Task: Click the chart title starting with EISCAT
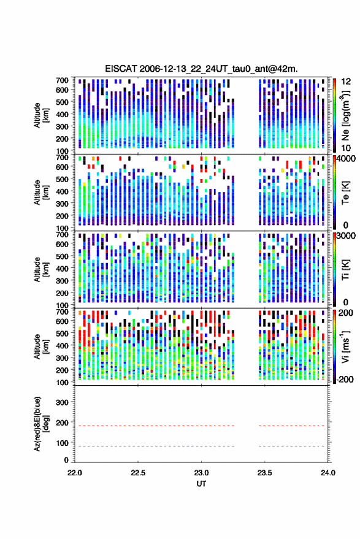tap(202, 69)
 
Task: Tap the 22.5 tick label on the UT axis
tap(138, 473)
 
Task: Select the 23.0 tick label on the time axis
tap(201, 473)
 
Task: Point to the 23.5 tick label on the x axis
tap(264, 473)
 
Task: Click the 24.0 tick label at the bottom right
tap(327, 473)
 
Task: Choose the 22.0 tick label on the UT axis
tap(75, 473)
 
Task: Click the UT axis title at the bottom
tap(201, 484)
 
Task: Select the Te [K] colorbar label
tap(345, 193)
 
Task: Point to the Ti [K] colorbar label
tap(345, 270)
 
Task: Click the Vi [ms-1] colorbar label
tap(345, 346)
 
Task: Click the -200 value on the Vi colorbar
tap(345, 379)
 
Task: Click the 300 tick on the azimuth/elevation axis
tap(62, 402)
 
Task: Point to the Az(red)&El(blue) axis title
tap(41, 424)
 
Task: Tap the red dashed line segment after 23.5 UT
tap(291, 426)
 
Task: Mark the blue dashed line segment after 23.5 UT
tap(291, 446)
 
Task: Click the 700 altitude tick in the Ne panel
tap(62, 80)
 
